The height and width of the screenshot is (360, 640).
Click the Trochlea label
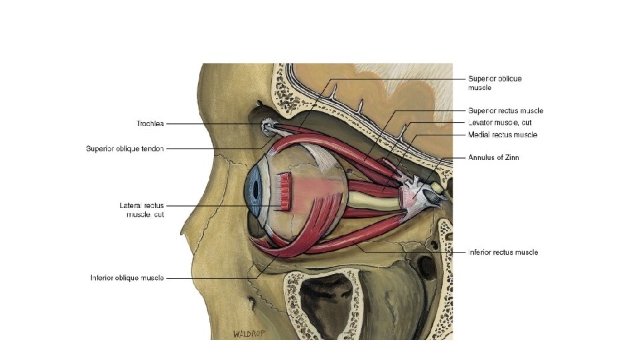tap(150, 123)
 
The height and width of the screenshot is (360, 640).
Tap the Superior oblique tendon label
tap(125, 149)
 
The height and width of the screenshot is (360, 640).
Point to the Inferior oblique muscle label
tap(127, 277)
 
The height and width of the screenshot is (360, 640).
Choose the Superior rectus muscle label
tap(505, 111)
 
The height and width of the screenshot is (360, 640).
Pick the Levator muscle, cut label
tap(500, 123)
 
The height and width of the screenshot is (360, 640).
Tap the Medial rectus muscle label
tap(502, 135)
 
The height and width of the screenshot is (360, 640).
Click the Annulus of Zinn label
tap(493, 158)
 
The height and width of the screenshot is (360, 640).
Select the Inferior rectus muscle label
tap(503, 253)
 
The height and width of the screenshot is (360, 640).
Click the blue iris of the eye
tap(254, 190)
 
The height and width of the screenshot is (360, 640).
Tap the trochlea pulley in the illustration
tap(266, 124)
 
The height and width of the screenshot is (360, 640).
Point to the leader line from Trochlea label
tap(213, 123)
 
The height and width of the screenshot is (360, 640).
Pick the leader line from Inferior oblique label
tap(207, 277)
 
